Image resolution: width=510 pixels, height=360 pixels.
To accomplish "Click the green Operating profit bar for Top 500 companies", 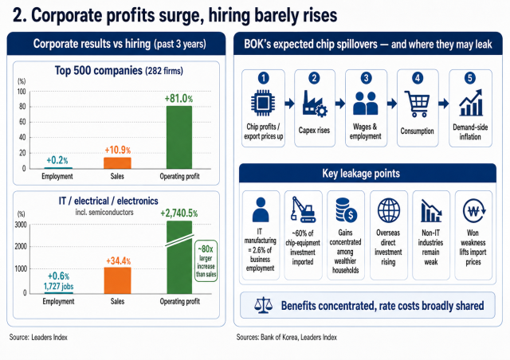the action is [179, 137].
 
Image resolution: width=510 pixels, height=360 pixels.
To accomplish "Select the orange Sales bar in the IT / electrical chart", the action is [117, 280].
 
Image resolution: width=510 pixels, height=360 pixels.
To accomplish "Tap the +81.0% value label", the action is [178, 98].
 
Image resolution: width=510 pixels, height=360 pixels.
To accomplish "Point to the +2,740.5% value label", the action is [178, 213].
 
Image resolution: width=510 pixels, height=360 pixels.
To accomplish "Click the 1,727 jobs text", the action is [58, 287].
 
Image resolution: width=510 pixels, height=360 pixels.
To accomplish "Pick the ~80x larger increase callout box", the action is [206, 260].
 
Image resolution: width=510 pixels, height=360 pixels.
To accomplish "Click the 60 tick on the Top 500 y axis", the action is [22, 122].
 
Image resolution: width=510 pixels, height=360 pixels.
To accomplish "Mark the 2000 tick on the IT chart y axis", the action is [21, 246].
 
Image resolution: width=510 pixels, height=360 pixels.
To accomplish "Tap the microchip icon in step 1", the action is [263, 103].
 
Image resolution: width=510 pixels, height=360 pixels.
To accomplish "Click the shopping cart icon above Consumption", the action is [417, 104].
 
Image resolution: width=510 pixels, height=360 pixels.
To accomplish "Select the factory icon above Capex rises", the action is [315, 104].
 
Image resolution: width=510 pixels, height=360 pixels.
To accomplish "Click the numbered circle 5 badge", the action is [469, 78].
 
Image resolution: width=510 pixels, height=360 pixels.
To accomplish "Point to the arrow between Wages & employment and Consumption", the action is [392, 104].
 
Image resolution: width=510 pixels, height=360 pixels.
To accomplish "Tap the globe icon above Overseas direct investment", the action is [389, 210].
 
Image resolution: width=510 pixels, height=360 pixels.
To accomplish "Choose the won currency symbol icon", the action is [473, 211].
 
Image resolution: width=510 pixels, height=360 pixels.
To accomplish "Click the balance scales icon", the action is [263, 305].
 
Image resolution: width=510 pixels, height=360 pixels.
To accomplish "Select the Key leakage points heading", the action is [361, 174].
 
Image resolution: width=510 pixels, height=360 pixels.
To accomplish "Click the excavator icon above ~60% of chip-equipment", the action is [304, 209].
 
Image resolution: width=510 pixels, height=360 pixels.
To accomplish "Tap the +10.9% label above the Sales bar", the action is [117, 150].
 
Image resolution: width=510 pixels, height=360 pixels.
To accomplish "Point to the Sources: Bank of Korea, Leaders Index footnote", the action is [287, 337].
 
